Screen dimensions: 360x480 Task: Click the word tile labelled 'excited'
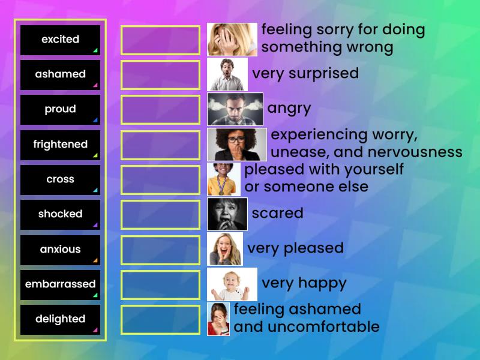[x=60, y=40]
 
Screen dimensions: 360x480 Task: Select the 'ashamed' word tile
[x=60, y=74]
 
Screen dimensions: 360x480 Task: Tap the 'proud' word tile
[x=60, y=109]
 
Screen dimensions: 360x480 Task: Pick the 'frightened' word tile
[x=60, y=145]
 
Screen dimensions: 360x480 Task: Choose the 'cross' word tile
[x=60, y=179]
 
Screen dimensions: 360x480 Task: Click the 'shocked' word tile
[x=60, y=214]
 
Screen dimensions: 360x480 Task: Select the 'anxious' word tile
[x=60, y=250]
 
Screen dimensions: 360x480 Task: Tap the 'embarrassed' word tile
[x=60, y=284]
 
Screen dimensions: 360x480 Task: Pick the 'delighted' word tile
[x=60, y=319]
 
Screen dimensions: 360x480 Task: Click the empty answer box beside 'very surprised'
[x=160, y=74]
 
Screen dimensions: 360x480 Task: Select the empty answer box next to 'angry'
[x=160, y=109]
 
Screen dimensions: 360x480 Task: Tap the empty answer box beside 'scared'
[x=160, y=214]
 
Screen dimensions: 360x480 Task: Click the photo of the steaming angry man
[x=235, y=109]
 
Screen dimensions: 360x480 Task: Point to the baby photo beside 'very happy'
[x=232, y=284]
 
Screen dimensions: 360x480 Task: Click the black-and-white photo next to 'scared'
[x=227, y=214]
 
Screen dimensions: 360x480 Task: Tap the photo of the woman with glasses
[x=237, y=145]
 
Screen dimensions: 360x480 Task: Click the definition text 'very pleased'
[x=295, y=248]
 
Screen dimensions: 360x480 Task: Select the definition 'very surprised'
[x=305, y=74]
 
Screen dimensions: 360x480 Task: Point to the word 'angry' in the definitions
[x=289, y=109]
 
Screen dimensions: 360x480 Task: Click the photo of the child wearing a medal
[x=224, y=179]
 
